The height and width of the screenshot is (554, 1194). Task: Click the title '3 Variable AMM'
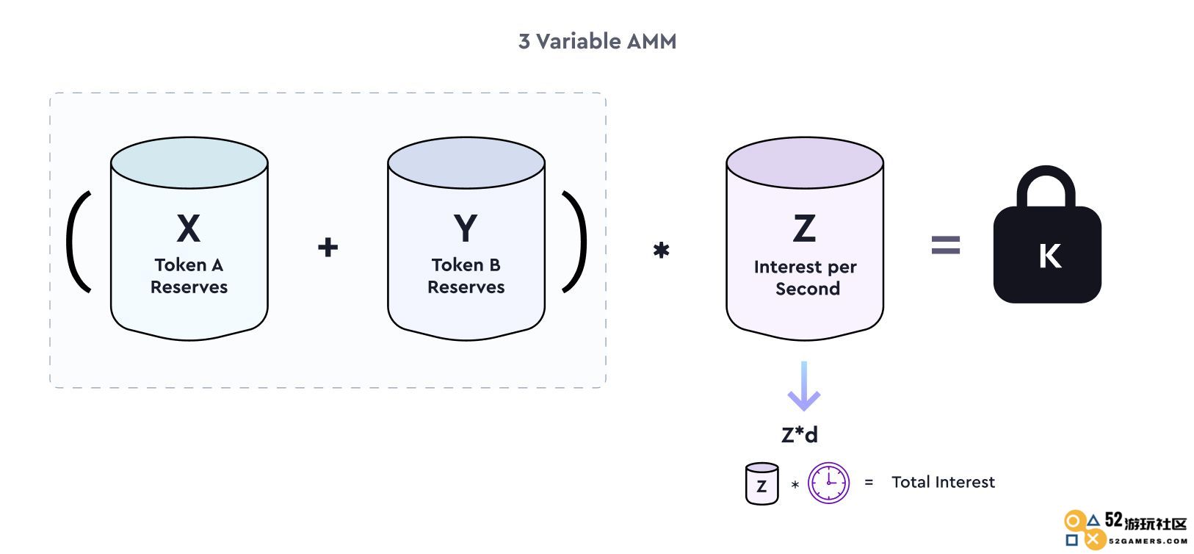pos(597,42)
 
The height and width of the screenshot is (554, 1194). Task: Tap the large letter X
pos(189,229)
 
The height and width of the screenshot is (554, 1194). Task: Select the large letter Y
pos(466,229)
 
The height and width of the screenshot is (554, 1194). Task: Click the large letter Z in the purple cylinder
pos(804,229)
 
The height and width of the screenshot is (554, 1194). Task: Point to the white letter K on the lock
pos(1049,256)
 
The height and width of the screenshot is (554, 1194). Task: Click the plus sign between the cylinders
pos(328,247)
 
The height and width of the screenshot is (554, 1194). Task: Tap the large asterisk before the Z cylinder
pos(661,250)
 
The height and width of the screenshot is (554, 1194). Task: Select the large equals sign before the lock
pos(946,245)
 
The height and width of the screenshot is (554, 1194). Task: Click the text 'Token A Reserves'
pos(189,276)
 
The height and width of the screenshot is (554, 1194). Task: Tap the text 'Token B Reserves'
pos(466,276)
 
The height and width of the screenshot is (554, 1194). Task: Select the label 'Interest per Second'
pos(806,277)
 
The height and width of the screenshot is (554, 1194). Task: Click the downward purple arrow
pos(804,386)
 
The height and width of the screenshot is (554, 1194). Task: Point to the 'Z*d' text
pos(800,434)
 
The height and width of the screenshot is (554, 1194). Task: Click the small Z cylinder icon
pos(761,483)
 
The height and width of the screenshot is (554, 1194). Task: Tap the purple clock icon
pos(828,483)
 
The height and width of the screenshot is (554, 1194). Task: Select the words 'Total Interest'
pos(943,482)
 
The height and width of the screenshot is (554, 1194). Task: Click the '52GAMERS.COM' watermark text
pos(1148,541)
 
